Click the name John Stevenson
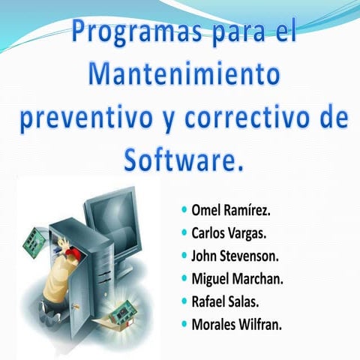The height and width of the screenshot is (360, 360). [x=235, y=255]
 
